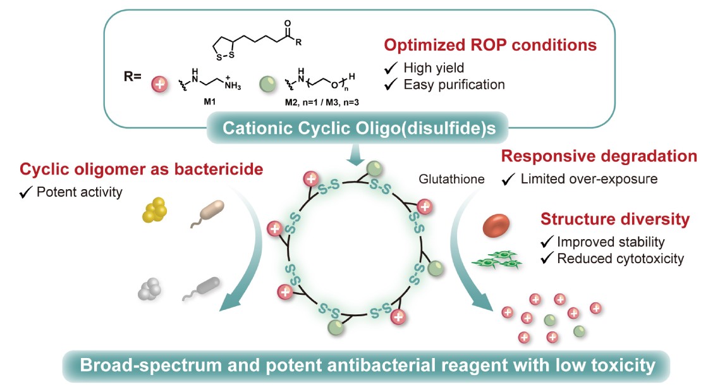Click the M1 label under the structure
[205, 100]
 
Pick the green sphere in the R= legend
[267, 83]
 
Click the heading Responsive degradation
[599, 156]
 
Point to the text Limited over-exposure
[589, 179]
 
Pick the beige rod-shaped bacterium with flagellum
[209, 214]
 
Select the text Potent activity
[78, 192]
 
